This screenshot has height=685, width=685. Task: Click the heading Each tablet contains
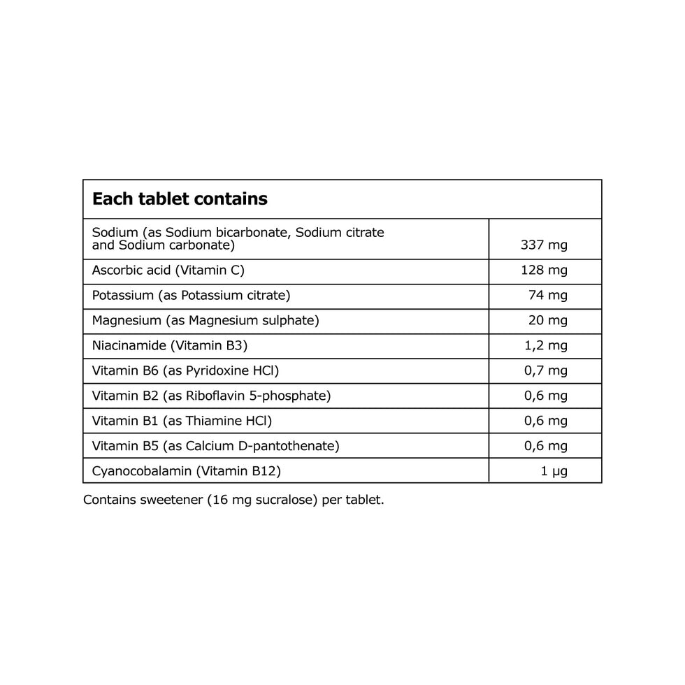(x=180, y=199)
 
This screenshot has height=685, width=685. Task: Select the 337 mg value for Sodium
(x=545, y=245)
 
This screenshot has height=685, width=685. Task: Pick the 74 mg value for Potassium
(x=548, y=296)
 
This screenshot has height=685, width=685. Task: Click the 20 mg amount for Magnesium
(x=548, y=321)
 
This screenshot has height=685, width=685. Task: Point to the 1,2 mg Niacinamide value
(x=546, y=346)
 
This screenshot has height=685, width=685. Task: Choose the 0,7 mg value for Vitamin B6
(x=546, y=371)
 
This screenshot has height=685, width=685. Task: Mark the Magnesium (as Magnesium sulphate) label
(x=206, y=321)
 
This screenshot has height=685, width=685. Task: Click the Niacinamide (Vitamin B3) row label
(x=170, y=346)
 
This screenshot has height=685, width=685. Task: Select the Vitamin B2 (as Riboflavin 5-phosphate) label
(x=211, y=396)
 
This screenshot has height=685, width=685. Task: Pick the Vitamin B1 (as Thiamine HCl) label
(x=182, y=421)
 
